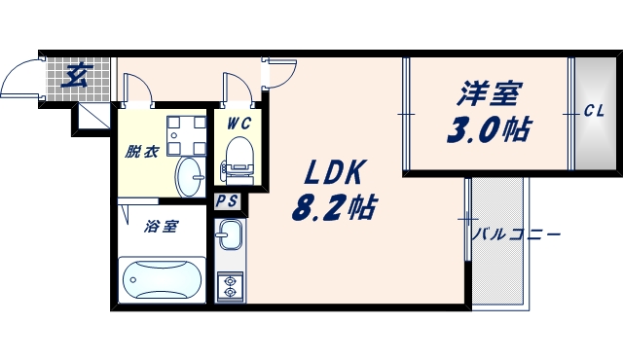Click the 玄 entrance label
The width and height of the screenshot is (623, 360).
click(x=71, y=76)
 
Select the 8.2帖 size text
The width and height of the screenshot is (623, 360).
click(x=334, y=206)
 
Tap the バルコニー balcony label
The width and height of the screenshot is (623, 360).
click(x=515, y=234)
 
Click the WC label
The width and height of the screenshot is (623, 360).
click(x=238, y=124)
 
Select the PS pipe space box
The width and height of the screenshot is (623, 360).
click(x=228, y=202)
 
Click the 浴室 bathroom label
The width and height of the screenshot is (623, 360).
click(x=161, y=227)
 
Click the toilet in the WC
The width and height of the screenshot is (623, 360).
click(x=238, y=159)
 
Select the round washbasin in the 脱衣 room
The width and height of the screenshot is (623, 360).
click(x=190, y=175)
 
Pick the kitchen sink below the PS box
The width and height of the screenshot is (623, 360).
click(x=231, y=236)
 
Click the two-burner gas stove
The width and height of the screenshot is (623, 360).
click(x=231, y=286)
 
